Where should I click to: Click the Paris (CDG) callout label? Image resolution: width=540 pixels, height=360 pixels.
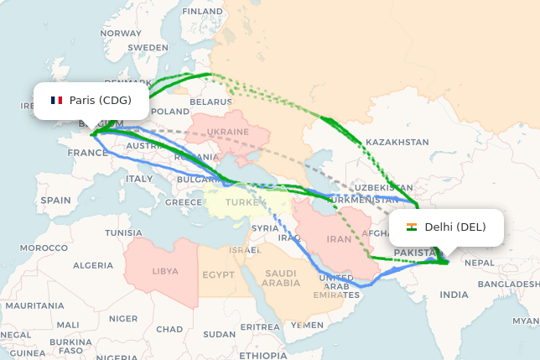click(x=91, y=101)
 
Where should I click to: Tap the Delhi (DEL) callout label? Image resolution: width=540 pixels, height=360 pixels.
click(x=447, y=227)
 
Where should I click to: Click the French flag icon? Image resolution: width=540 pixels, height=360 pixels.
click(x=56, y=101)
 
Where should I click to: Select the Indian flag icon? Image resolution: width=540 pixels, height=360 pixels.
click(x=412, y=227)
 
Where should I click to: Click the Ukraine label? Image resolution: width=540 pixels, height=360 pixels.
click(x=228, y=133)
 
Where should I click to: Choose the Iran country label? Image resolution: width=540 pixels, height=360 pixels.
click(x=339, y=239)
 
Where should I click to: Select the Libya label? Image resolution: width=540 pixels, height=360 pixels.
click(x=165, y=272)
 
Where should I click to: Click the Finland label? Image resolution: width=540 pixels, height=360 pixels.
click(x=203, y=12)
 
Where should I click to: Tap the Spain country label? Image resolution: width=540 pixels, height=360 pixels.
click(x=55, y=201)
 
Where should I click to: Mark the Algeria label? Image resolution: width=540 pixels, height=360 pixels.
click(x=92, y=265)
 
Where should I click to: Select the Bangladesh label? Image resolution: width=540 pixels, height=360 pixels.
click(x=508, y=284)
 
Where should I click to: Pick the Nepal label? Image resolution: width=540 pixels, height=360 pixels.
click(x=480, y=263)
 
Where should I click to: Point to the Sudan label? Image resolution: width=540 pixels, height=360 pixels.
click(x=220, y=334)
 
